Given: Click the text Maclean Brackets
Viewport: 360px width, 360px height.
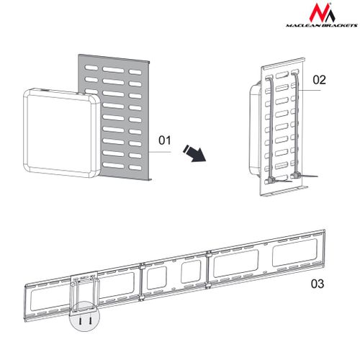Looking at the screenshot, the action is point(322,25).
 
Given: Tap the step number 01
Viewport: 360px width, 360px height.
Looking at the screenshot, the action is point(165,140).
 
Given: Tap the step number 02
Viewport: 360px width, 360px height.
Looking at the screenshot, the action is point(319,80).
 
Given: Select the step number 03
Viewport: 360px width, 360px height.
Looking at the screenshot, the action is point(318,284).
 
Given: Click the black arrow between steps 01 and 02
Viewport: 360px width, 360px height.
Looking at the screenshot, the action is point(195,153).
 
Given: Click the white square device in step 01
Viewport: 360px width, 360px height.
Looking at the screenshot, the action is point(61,133).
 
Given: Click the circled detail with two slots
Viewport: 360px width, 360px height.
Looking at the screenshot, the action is point(84,316).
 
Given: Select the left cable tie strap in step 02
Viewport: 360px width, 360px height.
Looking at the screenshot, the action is point(269,128).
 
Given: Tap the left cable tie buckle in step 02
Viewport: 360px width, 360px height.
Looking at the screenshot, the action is point(271,181).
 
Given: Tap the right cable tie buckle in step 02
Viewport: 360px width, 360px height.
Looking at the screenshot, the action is point(296,176).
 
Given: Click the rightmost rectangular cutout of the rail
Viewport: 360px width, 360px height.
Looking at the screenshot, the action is point(294,252).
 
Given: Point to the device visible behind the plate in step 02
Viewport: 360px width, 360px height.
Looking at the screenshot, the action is point(255,128).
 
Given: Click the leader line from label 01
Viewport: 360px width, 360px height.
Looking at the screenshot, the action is point(160,152).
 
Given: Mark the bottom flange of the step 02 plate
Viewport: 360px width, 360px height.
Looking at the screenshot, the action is point(284,192).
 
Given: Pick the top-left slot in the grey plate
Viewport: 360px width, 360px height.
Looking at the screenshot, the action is point(91,68).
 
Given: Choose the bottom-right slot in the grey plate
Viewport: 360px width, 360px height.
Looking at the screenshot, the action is point(135,168).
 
